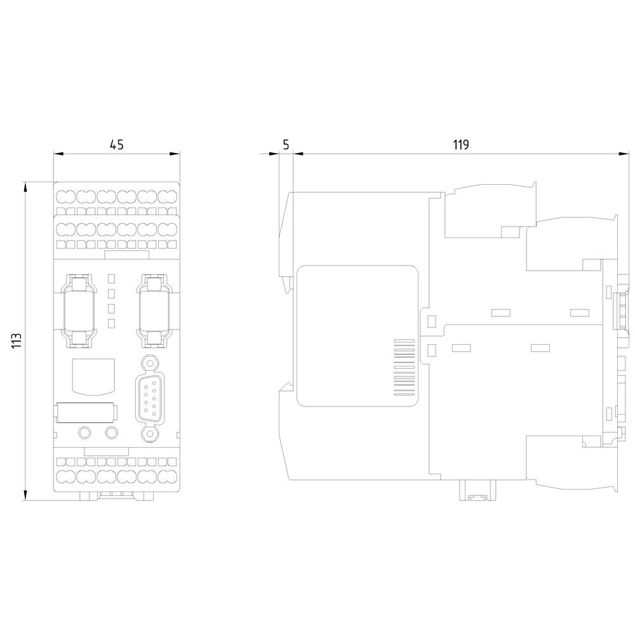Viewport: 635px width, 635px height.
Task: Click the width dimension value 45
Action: pyautogui.click(x=116, y=145)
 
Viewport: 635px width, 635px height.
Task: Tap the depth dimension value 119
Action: pyautogui.click(x=460, y=145)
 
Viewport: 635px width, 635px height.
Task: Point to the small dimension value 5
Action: pyautogui.click(x=286, y=145)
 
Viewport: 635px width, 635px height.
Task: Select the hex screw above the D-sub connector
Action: pyautogui.click(x=149, y=363)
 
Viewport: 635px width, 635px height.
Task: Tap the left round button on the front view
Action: pyautogui.click(x=83, y=433)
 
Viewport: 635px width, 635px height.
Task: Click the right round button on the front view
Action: pyautogui.click(x=112, y=433)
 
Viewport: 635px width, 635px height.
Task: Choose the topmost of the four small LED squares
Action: pyautogui.click(x=112, y=278)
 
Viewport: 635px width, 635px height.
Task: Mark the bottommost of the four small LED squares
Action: pyautogui.click(x=112, y=324)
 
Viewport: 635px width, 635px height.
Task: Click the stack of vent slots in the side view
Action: pyautogui.click(x=403, y=367)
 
